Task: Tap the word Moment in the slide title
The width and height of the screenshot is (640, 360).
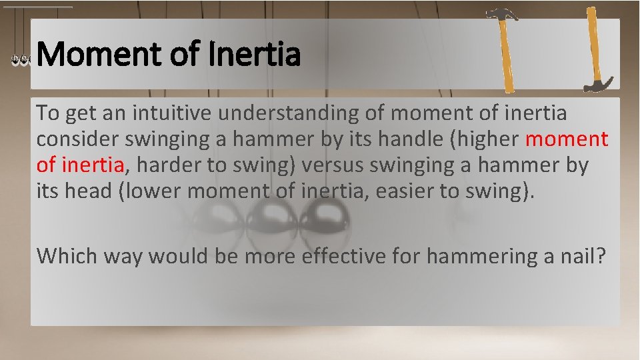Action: [x=99, y=55]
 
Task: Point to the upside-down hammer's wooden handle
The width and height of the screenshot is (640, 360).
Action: [x=591, y=43]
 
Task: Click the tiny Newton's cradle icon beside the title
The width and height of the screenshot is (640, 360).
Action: [x=21, y=60]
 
